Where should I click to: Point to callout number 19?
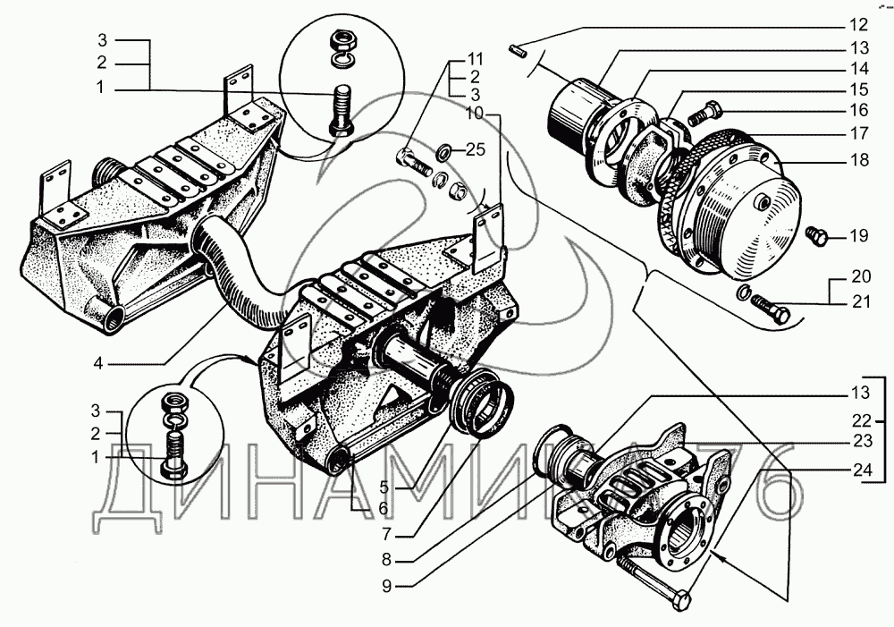click(859, 236)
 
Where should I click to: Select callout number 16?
click(859, 110)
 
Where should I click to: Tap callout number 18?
click(859, 160)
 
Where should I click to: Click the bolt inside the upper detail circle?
click(341, 108)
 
